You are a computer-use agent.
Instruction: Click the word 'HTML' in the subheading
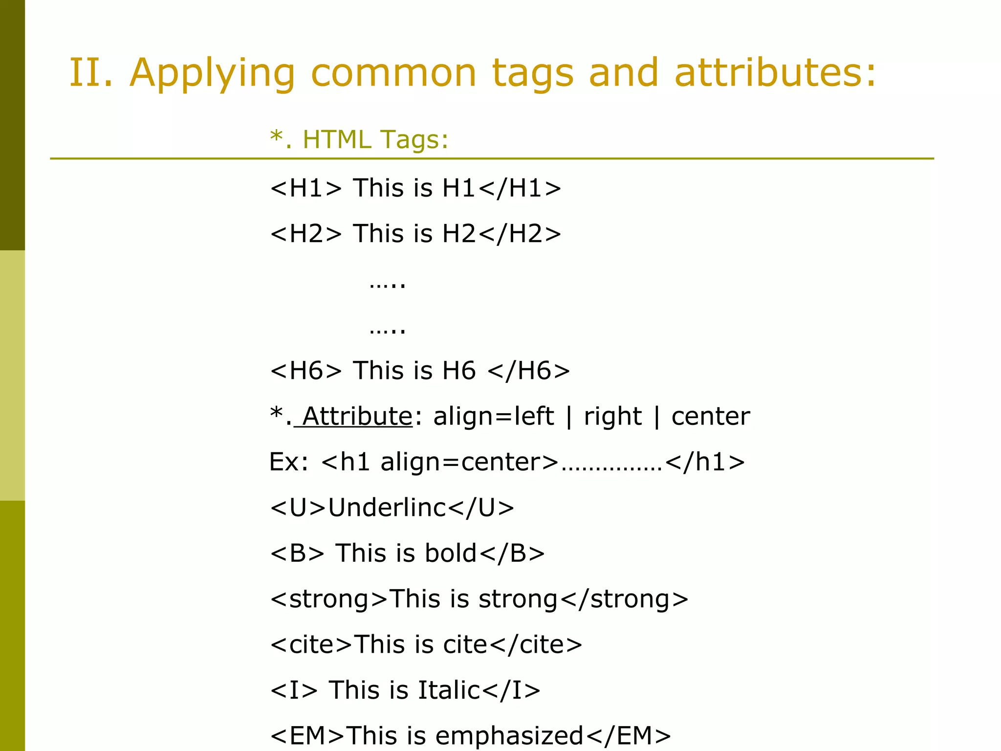point(337,139)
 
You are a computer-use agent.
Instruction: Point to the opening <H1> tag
point(306,188)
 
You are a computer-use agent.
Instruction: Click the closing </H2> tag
point(520,234)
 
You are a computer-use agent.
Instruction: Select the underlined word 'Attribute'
point(357,417)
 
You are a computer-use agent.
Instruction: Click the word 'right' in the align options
point(612,417)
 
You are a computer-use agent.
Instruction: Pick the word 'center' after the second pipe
point(710,417)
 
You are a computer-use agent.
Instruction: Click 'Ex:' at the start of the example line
point(289,462)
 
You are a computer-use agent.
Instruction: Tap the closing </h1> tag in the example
point(705,462)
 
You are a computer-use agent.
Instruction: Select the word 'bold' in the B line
point(450,553)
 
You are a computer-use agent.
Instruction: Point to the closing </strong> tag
point(624,599)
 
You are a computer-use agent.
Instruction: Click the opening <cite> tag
point(311,645)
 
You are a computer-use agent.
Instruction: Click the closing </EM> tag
point(628,736)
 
